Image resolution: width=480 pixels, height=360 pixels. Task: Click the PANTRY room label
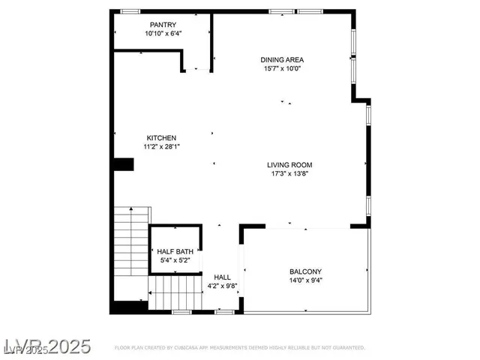[163, 25]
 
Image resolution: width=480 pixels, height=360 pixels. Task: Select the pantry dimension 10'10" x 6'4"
[163, 33]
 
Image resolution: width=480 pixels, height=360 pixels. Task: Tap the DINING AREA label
[282, 60]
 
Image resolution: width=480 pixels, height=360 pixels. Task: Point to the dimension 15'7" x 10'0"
[282, 68]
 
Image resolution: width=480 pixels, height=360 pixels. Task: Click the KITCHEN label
[161, 138]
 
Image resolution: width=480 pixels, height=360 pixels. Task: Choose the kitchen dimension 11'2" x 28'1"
[161, 146]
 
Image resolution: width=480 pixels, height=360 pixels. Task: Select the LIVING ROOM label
[289, 165]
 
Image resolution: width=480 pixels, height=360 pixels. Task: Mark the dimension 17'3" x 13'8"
[289, 173]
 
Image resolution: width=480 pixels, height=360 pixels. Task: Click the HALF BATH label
[175, 251]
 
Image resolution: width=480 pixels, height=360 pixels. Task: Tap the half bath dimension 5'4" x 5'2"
[175, 259]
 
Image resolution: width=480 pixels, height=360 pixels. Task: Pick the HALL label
[222, 277]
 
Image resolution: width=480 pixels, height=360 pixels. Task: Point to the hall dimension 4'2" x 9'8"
[222, 285]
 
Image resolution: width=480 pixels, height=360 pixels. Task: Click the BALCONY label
[305, 271]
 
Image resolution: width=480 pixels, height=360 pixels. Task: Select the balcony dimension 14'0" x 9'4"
[305, 280]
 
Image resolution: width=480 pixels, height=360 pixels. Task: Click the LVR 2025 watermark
[46, 346]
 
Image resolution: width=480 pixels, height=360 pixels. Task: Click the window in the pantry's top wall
[130, 11]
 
